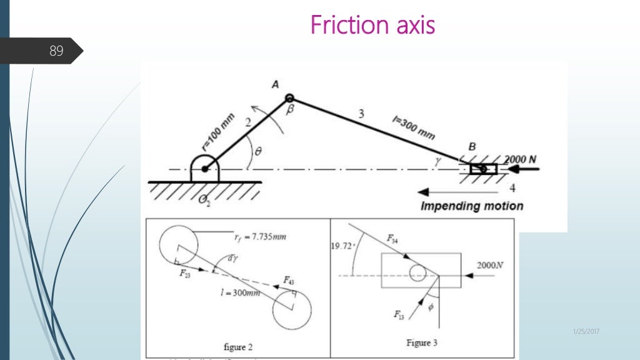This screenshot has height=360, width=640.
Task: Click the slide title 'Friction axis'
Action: [372, 26]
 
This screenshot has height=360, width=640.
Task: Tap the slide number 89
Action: [56, 51]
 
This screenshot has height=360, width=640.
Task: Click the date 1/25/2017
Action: [586, 331]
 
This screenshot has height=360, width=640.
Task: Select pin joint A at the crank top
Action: [289, 98]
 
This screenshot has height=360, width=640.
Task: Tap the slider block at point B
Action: [482, 169]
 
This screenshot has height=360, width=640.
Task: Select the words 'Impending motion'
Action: [472, 206]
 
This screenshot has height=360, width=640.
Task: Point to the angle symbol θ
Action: [257, 151]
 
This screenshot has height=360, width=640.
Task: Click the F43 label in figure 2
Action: [289, 280]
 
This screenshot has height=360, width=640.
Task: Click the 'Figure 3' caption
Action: [417, 342]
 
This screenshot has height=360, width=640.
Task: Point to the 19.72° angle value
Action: [342, 246]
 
